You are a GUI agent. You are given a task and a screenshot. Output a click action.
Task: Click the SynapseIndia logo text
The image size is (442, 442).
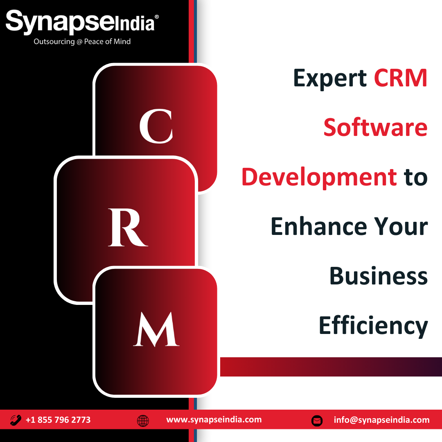pyautogui.click(x=80, y=22)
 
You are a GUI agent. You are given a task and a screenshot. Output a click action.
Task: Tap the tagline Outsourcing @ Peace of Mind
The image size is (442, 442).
pyautogui.click(x=82, y=42)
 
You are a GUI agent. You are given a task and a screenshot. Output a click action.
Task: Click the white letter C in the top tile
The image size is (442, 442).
pyautogui.click(x=156, y=126)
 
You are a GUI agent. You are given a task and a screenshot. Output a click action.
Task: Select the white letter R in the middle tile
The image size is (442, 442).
pyautogui.click(x=128, y=228)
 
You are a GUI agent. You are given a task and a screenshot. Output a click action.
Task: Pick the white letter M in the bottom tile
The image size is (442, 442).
pyautogui.click(x=156, y=329)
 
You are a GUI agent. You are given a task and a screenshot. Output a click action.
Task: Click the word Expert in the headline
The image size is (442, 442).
pyautogui.click(x=330, y=79)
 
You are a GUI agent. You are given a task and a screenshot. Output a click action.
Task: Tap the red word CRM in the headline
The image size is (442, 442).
pyautogui.click(x=401, y=78)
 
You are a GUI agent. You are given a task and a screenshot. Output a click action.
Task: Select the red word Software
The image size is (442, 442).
pyautogui.click(x=375, y=127)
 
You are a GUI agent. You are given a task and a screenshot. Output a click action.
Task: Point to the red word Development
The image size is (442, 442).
pyautogui.click(x=319, y=178)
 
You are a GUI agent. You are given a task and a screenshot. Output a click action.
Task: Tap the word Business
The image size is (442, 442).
pyautogui.click(x=379, y=276)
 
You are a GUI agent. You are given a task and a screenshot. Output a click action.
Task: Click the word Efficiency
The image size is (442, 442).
pyautogui.click(x=373, y=326)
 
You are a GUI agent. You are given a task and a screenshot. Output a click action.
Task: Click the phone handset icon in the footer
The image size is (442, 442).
pyautogui.click(x=16, y=420)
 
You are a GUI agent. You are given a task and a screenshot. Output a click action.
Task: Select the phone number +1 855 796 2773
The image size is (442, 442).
pyautogui.click(x=58, y=420)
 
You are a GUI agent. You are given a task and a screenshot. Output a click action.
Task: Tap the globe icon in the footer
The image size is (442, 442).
pyautogui.click(x=143, y=421)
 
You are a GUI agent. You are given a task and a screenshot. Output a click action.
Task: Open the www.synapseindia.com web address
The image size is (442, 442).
pyautogui.click(x=214, y=420)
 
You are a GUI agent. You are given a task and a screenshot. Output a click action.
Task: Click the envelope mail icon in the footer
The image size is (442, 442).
pyautogui.click(x=317, y=421)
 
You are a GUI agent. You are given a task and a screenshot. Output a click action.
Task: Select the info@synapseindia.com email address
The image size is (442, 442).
pyautogui.click(x=382, y=420)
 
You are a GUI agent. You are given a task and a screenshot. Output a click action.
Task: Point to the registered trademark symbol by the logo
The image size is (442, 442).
pyautogui.click(x=157, y=17)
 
